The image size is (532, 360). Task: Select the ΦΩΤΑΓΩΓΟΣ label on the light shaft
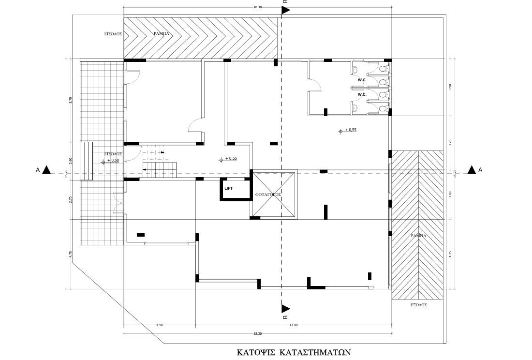coord(268,194)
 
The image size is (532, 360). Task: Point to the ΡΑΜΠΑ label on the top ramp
coord(161,33)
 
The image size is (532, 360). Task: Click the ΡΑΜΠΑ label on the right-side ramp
coord(419,235)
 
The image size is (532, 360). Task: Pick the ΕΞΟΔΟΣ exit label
coord(418,306)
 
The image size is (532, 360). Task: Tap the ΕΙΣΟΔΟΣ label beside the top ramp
coord(111,34)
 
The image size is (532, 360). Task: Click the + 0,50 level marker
coord(113,161)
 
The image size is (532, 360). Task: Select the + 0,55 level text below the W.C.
coord(351,130)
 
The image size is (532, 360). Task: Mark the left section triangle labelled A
coord(46,170)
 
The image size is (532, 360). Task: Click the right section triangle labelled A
coord(472,170)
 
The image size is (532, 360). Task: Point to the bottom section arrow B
coord(285,308)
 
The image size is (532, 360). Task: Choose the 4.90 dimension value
coord(159,325)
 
